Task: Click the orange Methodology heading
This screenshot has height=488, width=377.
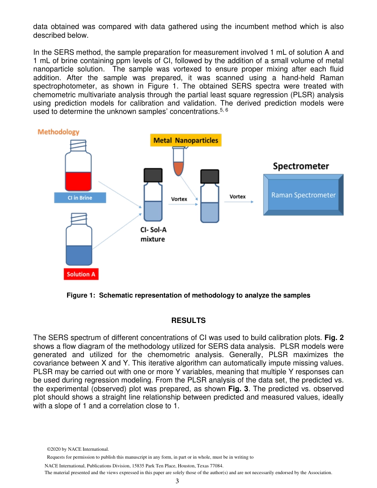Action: [58, 132]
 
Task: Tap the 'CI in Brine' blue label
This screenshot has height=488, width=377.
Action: [80, 198]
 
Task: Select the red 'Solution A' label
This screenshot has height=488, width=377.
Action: [81, 274]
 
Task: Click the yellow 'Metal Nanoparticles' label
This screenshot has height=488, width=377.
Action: [185, 140]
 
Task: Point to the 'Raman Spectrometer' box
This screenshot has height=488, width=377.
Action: [303, 195]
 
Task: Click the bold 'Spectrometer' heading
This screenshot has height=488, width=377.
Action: [301, 166]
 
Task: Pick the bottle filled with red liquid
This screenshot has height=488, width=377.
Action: [78, 167]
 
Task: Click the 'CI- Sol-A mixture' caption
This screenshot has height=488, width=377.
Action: [153, 234]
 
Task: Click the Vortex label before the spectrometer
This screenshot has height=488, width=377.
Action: [237, 196]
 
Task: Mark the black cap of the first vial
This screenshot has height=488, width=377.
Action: [153, 175]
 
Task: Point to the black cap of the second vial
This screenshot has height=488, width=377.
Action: [210, 176]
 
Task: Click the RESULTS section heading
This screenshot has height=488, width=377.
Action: [188, 320]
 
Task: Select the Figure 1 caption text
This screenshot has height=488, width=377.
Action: [188, 295]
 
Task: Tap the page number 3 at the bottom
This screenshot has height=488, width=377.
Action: [177, 481]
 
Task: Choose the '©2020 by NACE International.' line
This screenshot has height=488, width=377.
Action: [78, 449]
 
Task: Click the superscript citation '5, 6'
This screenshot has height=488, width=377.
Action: [224, 110]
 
